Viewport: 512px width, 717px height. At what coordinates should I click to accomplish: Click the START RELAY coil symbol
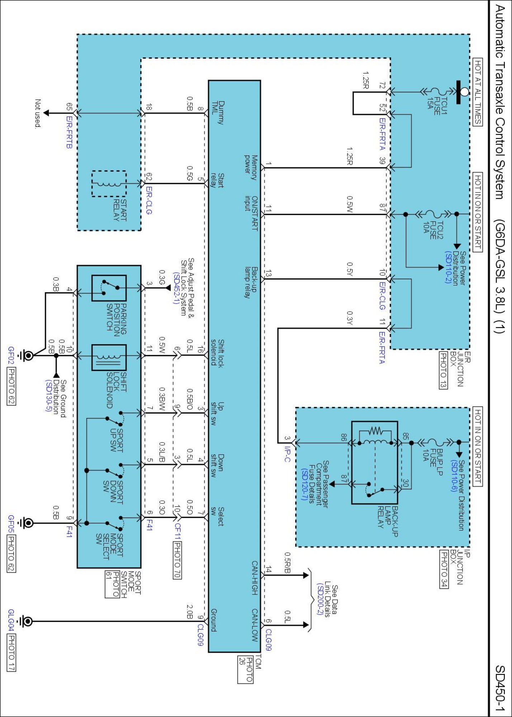[109, 184]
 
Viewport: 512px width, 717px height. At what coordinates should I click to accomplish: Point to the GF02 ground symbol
[27, 355]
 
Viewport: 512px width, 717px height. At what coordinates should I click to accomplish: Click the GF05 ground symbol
[27, 523]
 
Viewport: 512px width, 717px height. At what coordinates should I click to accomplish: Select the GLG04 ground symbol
[27, 621]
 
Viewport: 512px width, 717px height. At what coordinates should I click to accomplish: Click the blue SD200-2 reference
[320, 598]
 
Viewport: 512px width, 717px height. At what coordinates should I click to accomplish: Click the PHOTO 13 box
[443, 370]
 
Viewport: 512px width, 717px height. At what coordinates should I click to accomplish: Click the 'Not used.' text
[38, 113]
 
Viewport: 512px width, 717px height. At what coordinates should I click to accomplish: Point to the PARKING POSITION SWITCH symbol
[109, 288]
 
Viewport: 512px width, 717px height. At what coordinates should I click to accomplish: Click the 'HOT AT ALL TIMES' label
[478, 92]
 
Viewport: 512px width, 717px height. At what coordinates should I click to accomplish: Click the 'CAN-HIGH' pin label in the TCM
[254, 578]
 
